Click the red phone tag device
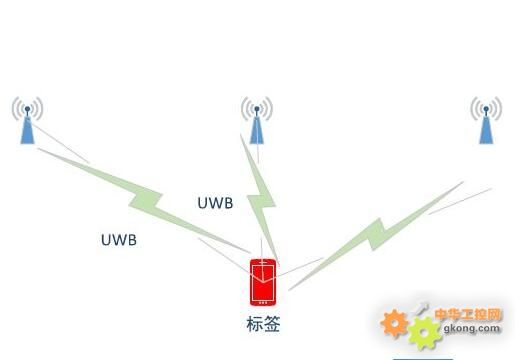click(x=263, y=282)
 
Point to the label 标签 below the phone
click(x=263, y=324)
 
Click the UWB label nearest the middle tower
click(x=215, y=203)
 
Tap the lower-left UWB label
click(x=119, y=240)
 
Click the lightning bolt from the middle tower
click(x=261, y=199)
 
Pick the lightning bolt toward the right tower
click(x=377, y=235)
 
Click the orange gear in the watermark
click(x=394, y=323)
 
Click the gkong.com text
click(x=472, y=328)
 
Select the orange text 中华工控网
click(x=468, y=314)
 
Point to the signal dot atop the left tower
click(x=28, y=108)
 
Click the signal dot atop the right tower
click(x=486, y=108)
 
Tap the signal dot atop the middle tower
click(x=257, y=108)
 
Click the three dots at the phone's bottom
click(x=263, y=303)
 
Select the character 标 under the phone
click(x=255, y=324)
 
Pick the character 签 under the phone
click(x=272, y=324)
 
